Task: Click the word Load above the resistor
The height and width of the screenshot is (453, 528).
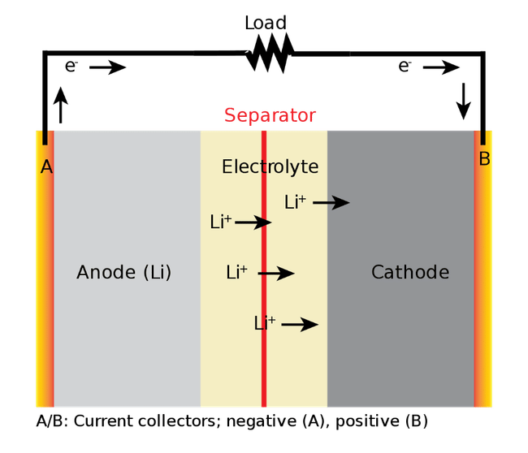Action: pyautogui.click(x=266, y=23)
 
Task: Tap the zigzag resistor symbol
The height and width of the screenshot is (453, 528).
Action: pyautogui.click(x=270, y=54)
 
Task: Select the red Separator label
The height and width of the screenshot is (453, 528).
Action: pyautogui.click(x=270, y=115)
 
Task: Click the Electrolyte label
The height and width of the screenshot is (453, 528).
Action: pyautogui.click(x=270, y=167)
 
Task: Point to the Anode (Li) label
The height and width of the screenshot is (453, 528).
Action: pyautogui.click(x=124, y=272)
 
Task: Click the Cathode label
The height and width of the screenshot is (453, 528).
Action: pyautogui.click(x=410, y=272)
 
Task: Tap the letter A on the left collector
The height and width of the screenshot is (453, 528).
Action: pyautogui.click(x=46, y=166)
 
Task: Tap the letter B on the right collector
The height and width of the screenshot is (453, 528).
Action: pyautogui.click(x=484, y=158)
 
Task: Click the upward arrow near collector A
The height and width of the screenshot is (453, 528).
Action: pyautogui.click(x=61, y=105)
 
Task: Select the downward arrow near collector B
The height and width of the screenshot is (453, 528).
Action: pyautogui.click(x=464, y=101)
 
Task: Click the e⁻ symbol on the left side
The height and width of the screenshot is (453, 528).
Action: pyautogui.click(x=71, y=66)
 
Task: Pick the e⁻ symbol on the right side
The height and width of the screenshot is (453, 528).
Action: pyautogui.click(x=405, y=66)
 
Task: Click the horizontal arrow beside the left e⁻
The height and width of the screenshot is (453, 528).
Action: pyautogui.click(x=108, y=67)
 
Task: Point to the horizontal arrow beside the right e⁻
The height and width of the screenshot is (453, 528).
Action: pyautogui.click(x=441, y=67)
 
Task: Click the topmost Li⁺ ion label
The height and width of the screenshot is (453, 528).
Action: pyautogui.click(x=296, y=202)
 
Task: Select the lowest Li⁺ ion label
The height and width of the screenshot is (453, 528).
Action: pyautogui.click(x=265, y=323)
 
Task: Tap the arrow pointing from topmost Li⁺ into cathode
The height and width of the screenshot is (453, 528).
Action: pyautogui.click(x=331, y=203)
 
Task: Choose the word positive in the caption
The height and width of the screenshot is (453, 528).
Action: pyautogui.click(x=367, y=421)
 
